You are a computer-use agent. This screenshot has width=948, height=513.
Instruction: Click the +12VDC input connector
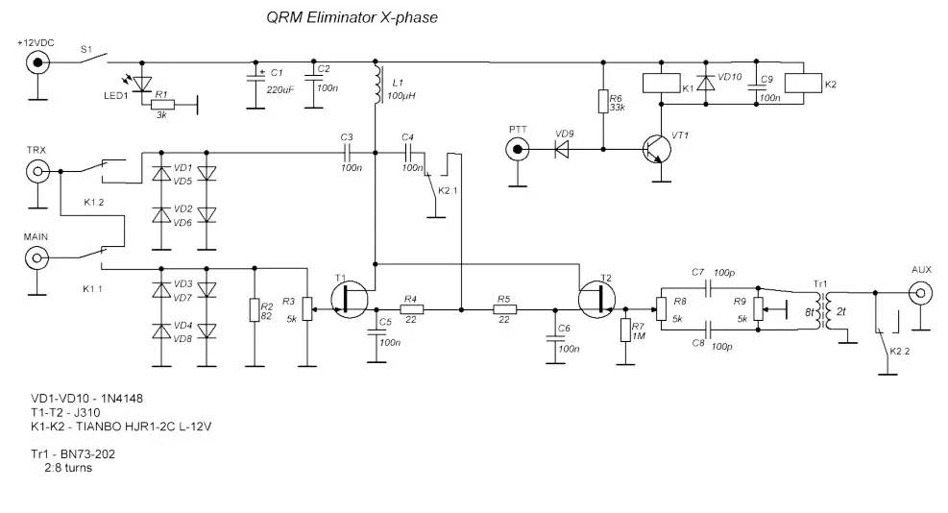[38, 62]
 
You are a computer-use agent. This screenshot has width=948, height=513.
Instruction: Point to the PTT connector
[519, 149]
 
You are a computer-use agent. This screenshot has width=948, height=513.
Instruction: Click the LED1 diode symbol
[142, 84]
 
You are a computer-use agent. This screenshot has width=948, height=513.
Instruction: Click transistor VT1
[657, 149]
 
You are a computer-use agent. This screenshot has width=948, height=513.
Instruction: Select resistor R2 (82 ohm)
[255, 309]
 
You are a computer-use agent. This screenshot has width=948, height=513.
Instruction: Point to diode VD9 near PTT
[561, 149]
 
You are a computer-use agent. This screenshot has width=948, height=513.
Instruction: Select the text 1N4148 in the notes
[121, 397]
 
